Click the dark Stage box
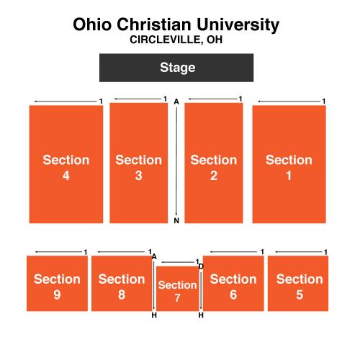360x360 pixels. (176, 68)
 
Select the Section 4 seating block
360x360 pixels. (66, 164)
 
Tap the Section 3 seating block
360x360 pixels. (139, 163)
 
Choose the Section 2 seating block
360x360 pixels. (214, 163)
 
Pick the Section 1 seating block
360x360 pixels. (289, 164)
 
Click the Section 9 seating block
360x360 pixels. (57, 284)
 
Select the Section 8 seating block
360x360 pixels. (122, 284)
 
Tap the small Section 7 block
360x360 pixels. (178, 289)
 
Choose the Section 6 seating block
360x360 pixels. (233, 284)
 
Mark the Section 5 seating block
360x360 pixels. (298, 284)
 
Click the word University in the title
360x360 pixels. (238, 25)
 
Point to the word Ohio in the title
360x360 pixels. (92, 24)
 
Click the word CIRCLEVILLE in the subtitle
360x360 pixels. (166, 40)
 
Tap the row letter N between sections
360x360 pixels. (176, 220)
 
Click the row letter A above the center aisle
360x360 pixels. (176, 102)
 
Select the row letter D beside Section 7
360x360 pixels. (201, 266)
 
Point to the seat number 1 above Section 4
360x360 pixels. (101, 102)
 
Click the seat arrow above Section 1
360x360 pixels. (289, 102)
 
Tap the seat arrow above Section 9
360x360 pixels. (59, 252)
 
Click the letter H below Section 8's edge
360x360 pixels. (154, 315)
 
